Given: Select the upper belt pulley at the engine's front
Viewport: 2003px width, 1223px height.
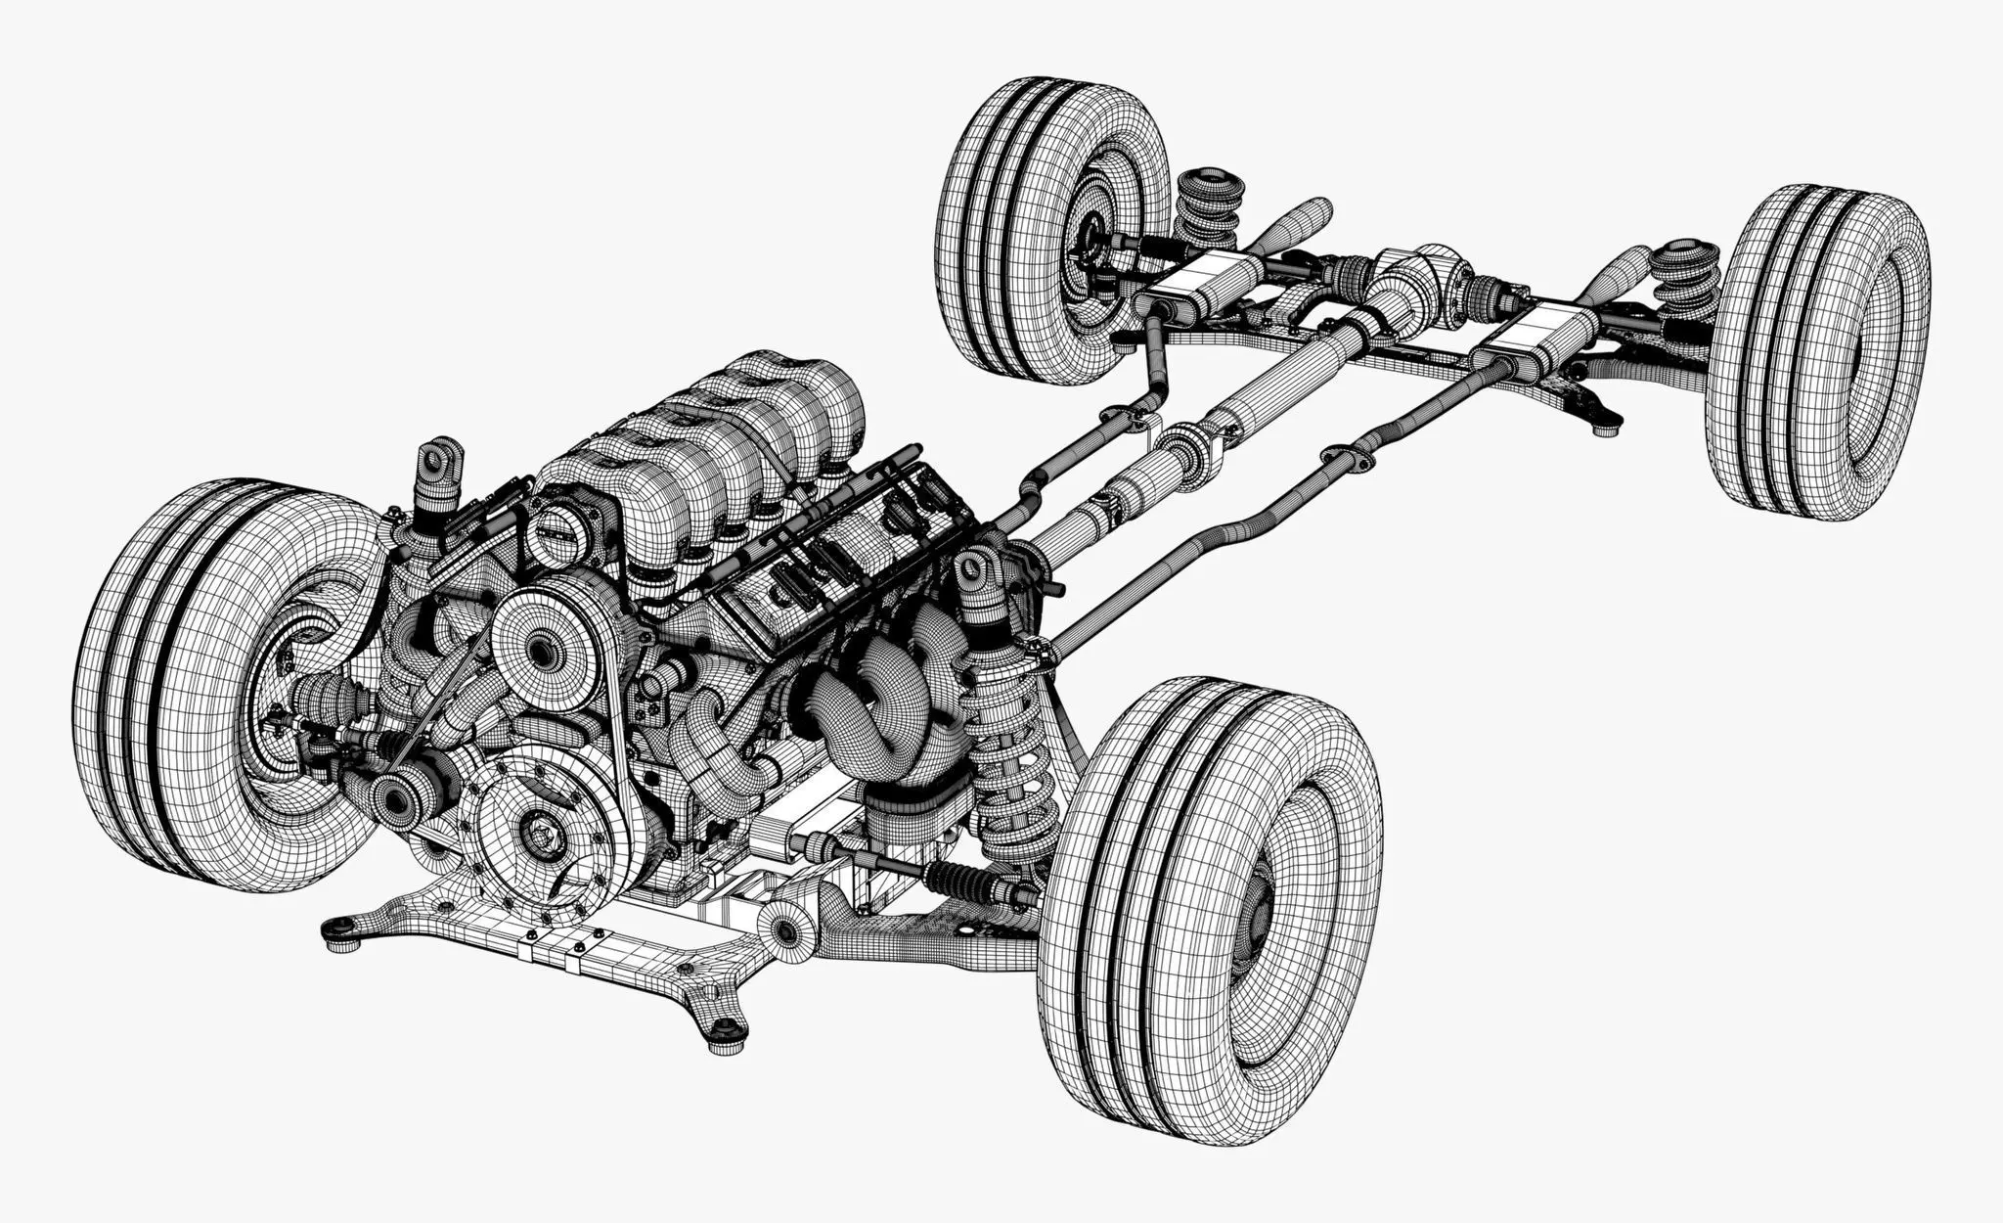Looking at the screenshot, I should pyautogui.click(x=543, y=641).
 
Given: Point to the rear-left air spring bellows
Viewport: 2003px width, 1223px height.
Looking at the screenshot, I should pyautogui.click(x=1208, y=210).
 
